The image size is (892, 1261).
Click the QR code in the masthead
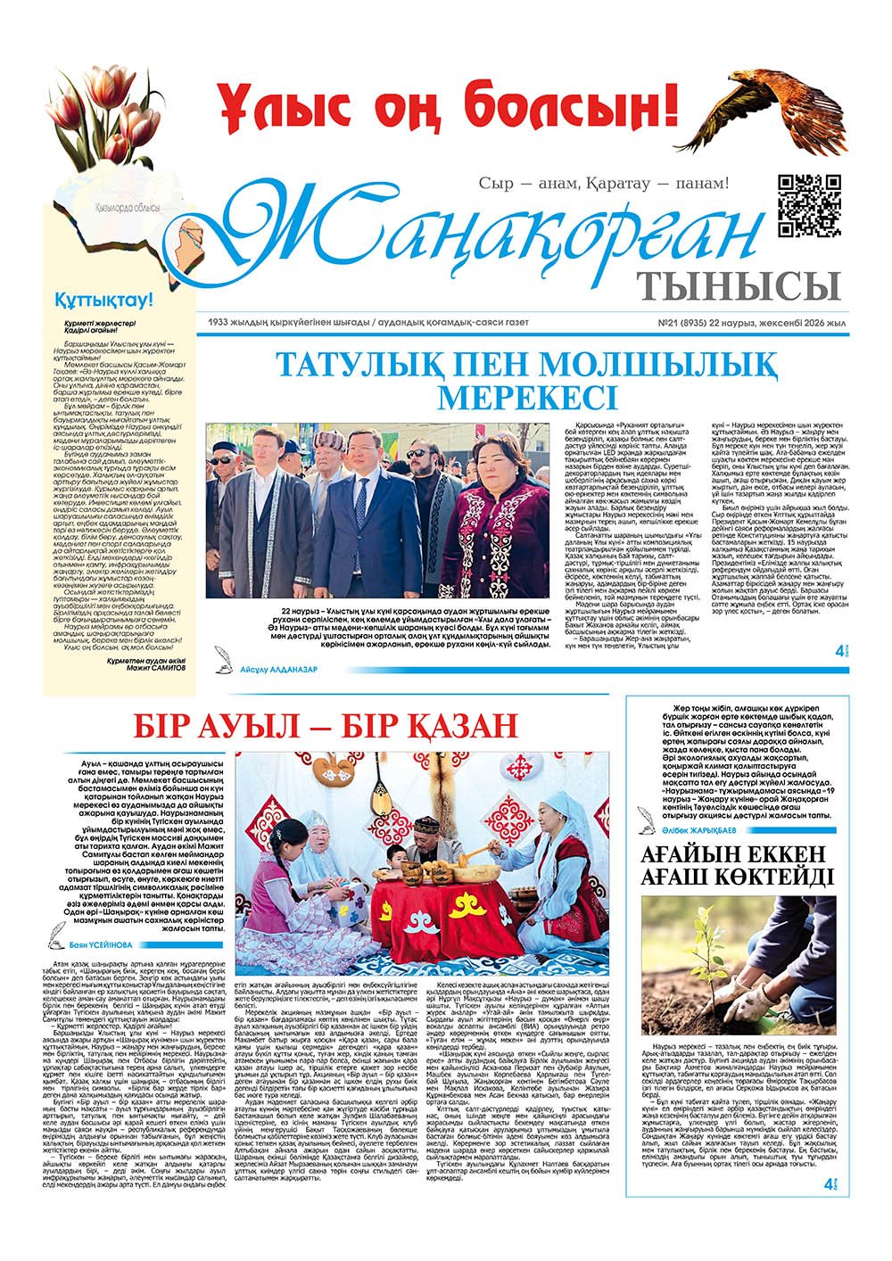click(x=810, y=205)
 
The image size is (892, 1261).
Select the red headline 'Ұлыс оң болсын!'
click(x=437, y=111)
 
